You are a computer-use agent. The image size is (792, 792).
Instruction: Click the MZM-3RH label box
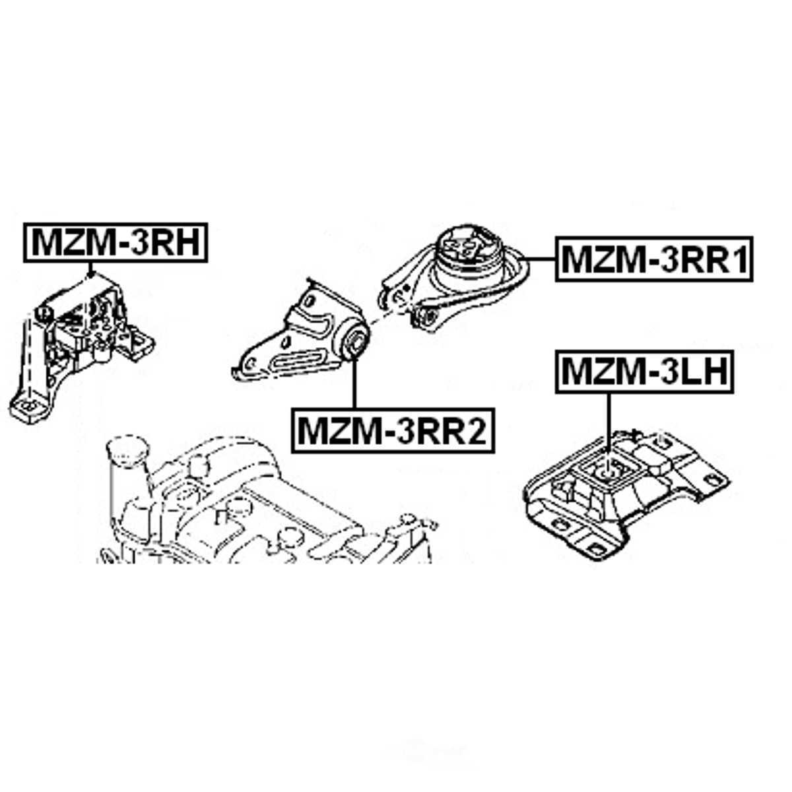(x=115, y=242)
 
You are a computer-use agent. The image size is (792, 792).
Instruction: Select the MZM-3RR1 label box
(x=654, y=258)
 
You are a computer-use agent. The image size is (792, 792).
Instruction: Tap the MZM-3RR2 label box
(x=393, y=430)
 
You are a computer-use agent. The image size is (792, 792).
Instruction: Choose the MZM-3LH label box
(x=644, y=372)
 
